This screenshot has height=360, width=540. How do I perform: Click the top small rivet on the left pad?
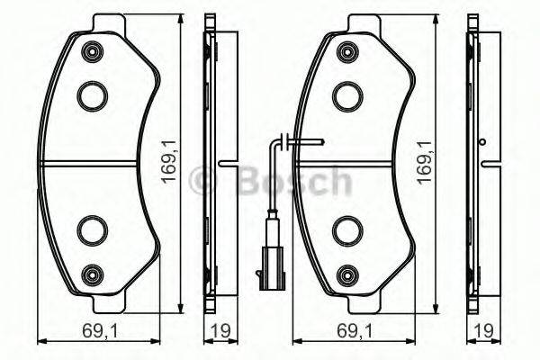pyautogui.click(x=92, y=52)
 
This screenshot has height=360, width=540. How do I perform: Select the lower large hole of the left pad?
pyautogui.click(x=92, y=229)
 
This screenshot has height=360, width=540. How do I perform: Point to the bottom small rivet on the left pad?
pyautogui.click(x=92, y=273)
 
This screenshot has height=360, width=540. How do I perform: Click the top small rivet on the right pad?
pyautogui.click(x=346, y=52)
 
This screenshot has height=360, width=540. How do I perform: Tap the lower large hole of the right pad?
pyautogui.click(x=346, y=229)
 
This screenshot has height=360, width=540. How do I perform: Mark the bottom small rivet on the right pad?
pyautogui.click(x=346, y=273)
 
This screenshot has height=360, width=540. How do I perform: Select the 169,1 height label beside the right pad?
pyautogui.click(x=424, y=161)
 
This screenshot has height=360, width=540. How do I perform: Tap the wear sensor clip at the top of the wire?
pyautogui.click(x=282, y=141)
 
